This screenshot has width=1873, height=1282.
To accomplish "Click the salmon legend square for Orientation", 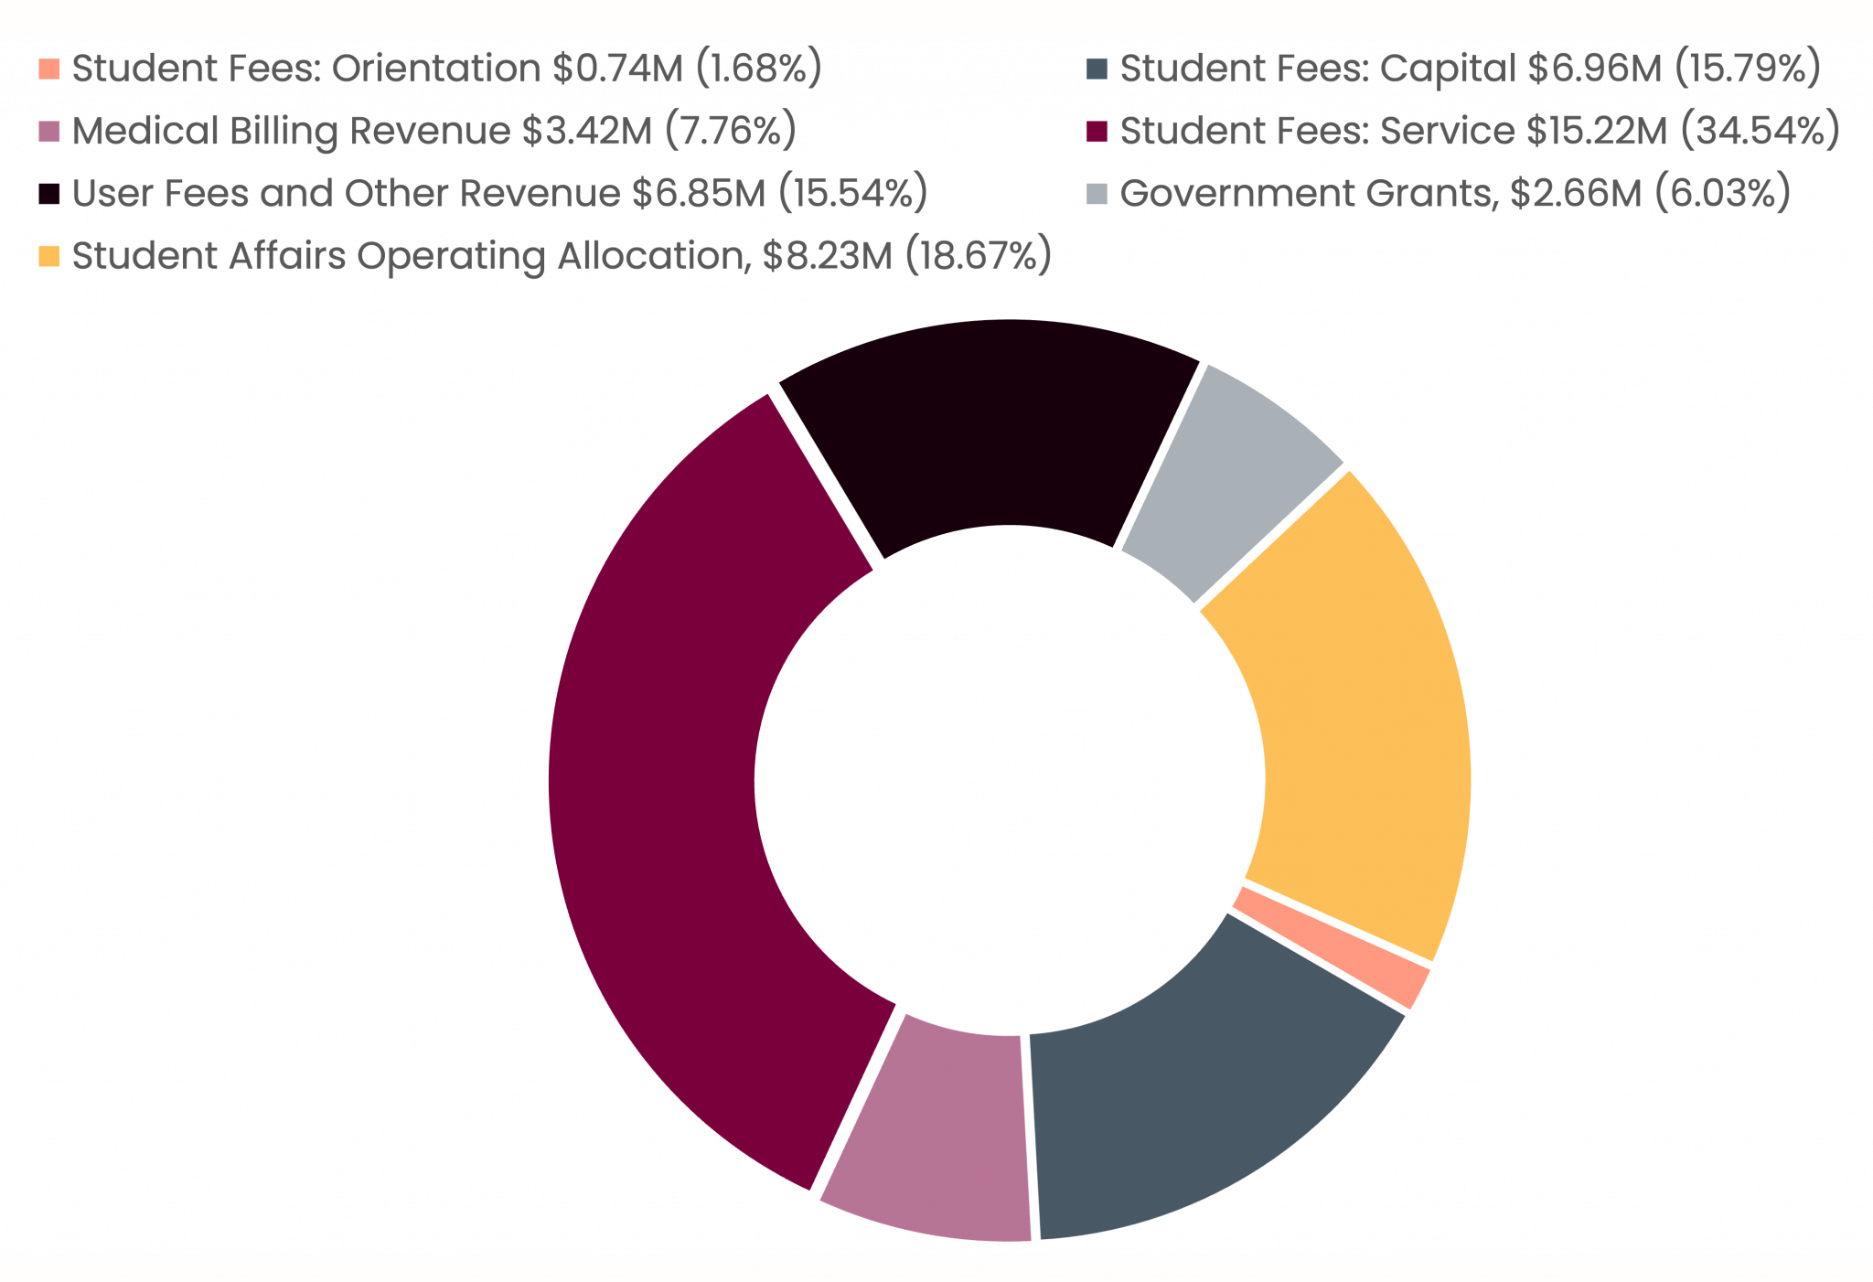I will pyautogui.click(x=49, y=69).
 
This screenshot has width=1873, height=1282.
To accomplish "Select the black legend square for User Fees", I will pyautogui.click(x=49, y=194).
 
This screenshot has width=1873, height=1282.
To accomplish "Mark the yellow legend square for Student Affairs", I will pyautogui.click(x=49, y=256).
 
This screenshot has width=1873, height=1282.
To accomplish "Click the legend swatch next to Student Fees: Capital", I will pyautogui.click(x=1097, y=69).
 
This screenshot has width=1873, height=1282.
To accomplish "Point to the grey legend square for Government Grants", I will pyautogui.click(x=1097, y=194).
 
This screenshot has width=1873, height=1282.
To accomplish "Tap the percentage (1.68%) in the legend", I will pyautogui.click(x=759, y=69).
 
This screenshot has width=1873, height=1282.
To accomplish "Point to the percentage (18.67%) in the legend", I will pyautogui.click(x=978, y=256).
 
